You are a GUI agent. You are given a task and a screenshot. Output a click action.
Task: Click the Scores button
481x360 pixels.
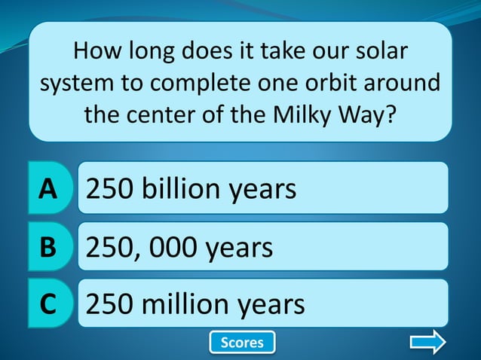pos(242,343)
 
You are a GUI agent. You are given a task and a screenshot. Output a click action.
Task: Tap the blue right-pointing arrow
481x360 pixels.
pos(427,343)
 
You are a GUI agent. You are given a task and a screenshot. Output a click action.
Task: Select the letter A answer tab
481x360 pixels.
pos(48,188)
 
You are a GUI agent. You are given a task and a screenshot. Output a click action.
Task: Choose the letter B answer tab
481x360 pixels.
pos(47,246)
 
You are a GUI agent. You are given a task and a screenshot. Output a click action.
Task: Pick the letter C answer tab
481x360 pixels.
pos(47,304)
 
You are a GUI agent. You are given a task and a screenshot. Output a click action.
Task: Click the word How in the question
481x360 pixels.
pos(97,52)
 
